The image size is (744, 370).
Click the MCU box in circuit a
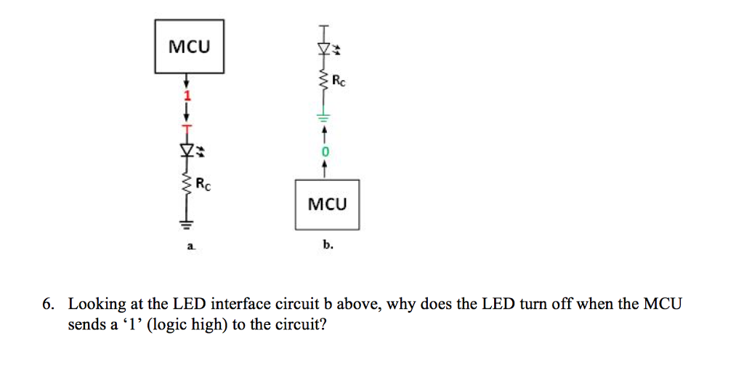click(x=189, y=47)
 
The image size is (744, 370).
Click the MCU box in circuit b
click(x=327, y=204)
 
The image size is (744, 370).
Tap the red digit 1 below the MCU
click(x=187, y=96)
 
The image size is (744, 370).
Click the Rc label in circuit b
click(x=339, y=81)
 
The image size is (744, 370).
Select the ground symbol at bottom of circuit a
click(x=187, y=222)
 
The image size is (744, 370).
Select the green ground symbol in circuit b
click(x=325, y=116)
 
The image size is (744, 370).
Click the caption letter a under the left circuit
click(x=190, y=247)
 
